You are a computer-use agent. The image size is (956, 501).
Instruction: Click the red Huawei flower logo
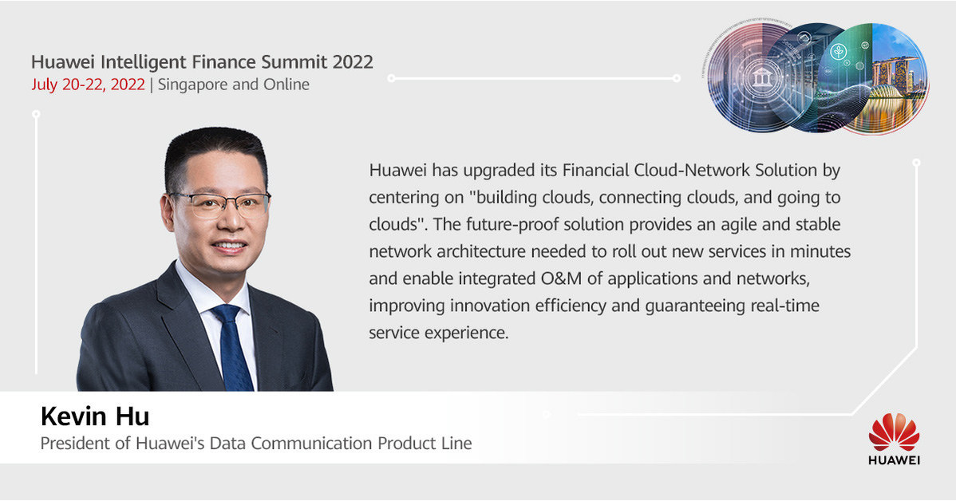tap(894, 432)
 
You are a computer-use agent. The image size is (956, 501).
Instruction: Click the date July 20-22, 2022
tap(88, 85)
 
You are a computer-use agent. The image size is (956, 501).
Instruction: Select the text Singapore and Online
tap(234, 85)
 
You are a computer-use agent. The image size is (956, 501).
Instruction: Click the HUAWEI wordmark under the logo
tap(894, 460)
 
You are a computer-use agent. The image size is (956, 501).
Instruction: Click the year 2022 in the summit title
tap(352, 61)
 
